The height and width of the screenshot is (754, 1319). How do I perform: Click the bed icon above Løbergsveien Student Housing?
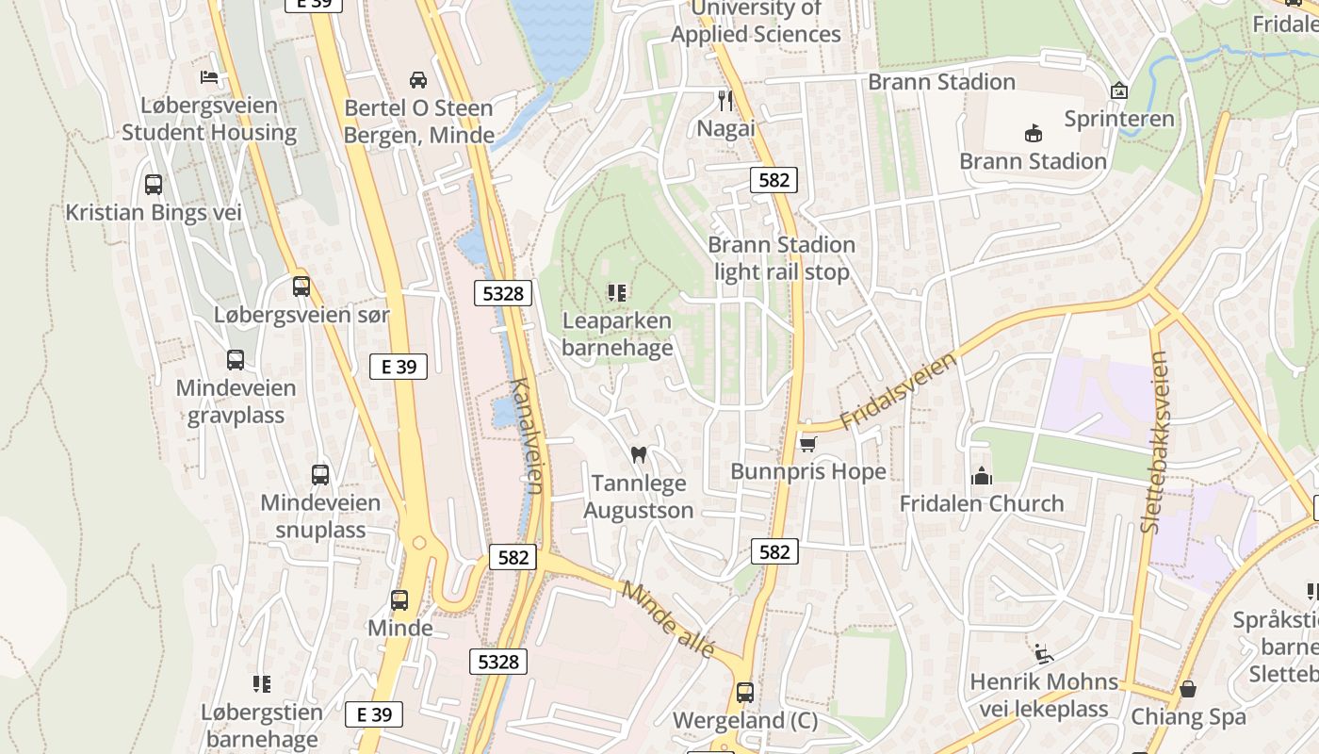point(209,77)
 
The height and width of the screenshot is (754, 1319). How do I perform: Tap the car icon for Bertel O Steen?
point(418,80)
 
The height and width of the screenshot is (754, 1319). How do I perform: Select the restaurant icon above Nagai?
point(725,100)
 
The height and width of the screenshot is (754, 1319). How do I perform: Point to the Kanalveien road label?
point(527,435)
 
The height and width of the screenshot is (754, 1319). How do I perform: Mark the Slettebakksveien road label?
point(1154,442)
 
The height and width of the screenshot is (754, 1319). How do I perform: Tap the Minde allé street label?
point(669,620)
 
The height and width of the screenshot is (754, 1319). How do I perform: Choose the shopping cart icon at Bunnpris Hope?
point(807,443)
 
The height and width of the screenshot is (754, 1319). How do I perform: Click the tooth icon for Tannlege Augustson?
point(638,455)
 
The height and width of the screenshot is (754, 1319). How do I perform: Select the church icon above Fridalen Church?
point(982,476)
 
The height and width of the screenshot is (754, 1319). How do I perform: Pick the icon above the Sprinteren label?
point(1118,90)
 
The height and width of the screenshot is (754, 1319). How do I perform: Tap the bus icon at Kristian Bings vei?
point(154,185)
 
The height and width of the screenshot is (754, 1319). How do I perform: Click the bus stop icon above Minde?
point(399,600)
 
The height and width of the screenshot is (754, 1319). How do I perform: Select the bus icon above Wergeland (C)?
point(745,693)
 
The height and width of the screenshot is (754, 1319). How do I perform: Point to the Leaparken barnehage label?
point(617,335)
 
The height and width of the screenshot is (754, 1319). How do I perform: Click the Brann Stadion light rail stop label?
point(781,258)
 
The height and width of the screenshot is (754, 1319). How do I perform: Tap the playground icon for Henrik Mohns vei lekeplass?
point(1043,653)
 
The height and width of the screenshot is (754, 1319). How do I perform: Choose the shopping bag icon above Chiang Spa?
point(1188,689)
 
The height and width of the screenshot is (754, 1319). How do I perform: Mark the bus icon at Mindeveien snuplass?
point(320,475)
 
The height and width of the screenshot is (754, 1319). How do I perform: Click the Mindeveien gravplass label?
point(236,402)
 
